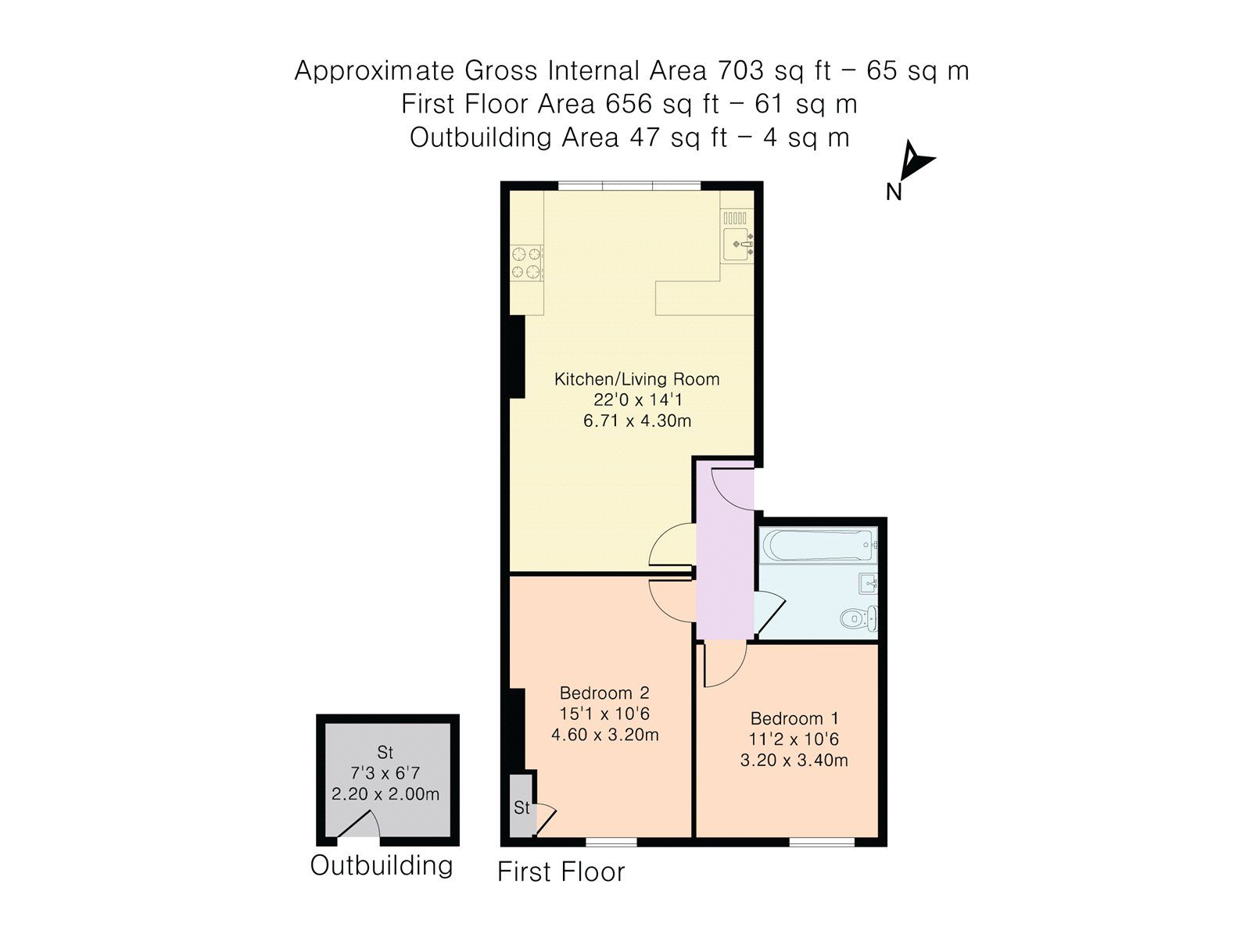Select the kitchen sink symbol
click(x=737, y=245)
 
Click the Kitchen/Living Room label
click(x=636, y=380)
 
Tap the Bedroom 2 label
click(x=604, y=693)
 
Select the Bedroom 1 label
click(x=794, y=718)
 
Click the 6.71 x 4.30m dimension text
click(x=636, y=421)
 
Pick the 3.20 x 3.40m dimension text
click(x=794, y=760)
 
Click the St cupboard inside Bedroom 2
click(x=521, y=807)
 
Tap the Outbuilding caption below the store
click(x=382, y=865)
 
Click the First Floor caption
click(x=561, y=872)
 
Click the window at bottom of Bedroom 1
click(x=821, y=842)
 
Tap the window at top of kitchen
click(x=629, y=186)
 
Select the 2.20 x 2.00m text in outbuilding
click(x=385, y=794)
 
